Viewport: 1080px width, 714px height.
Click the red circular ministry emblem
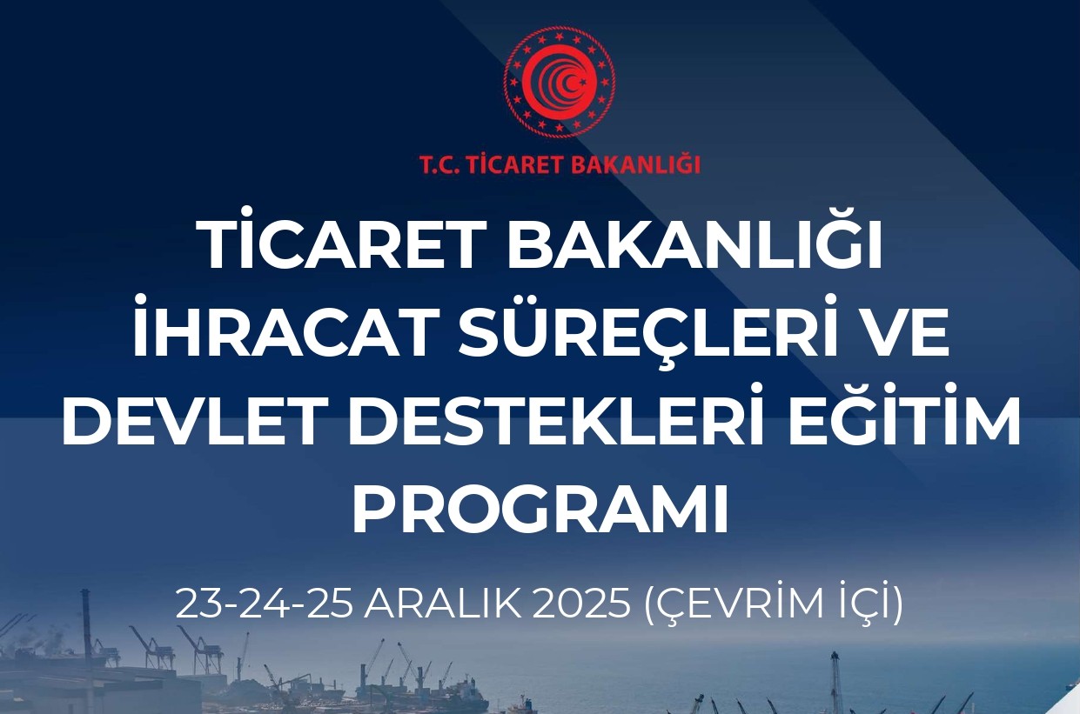[559, 83]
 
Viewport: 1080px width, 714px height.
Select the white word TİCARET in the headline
[340, 247]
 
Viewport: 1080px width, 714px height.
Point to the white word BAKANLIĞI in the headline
[694, 247]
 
